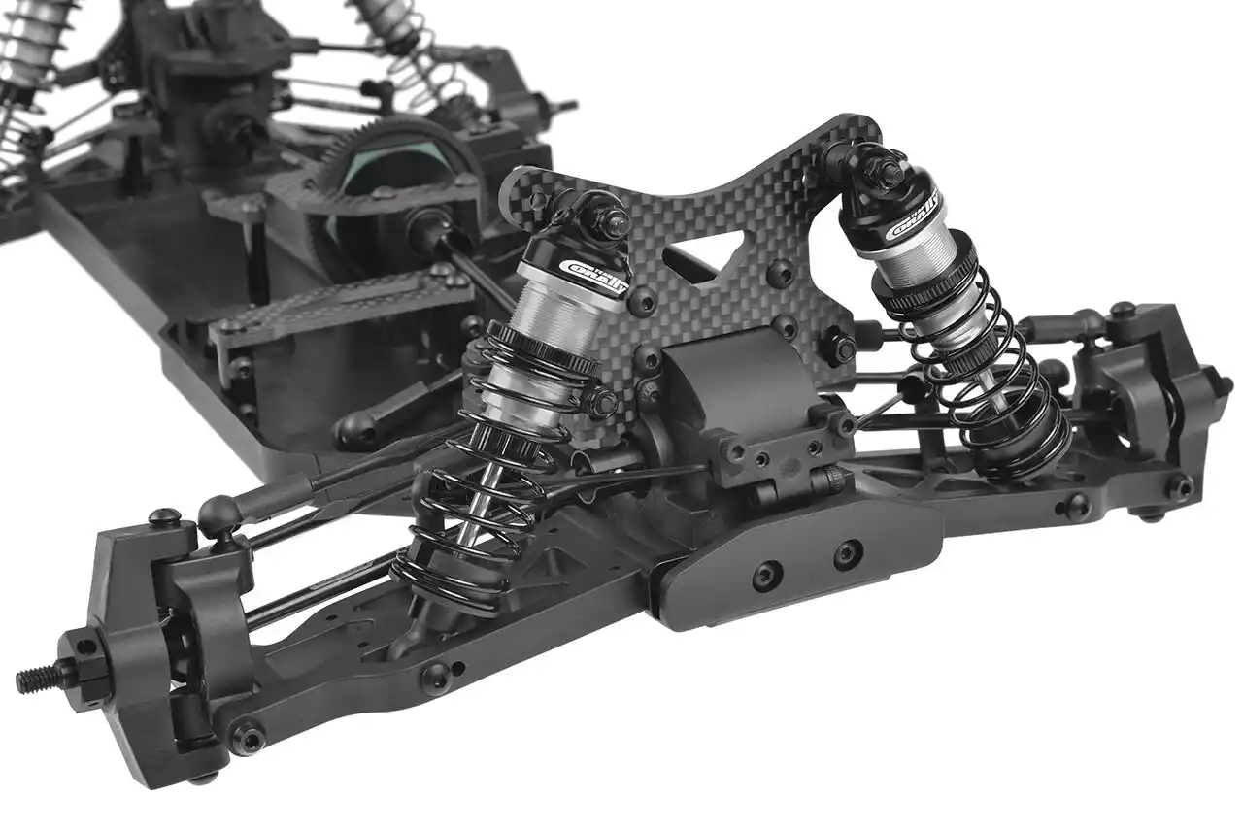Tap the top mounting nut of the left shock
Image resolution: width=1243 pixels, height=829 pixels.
click(613, 222)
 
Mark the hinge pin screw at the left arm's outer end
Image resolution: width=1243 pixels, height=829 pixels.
click(250, 738)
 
